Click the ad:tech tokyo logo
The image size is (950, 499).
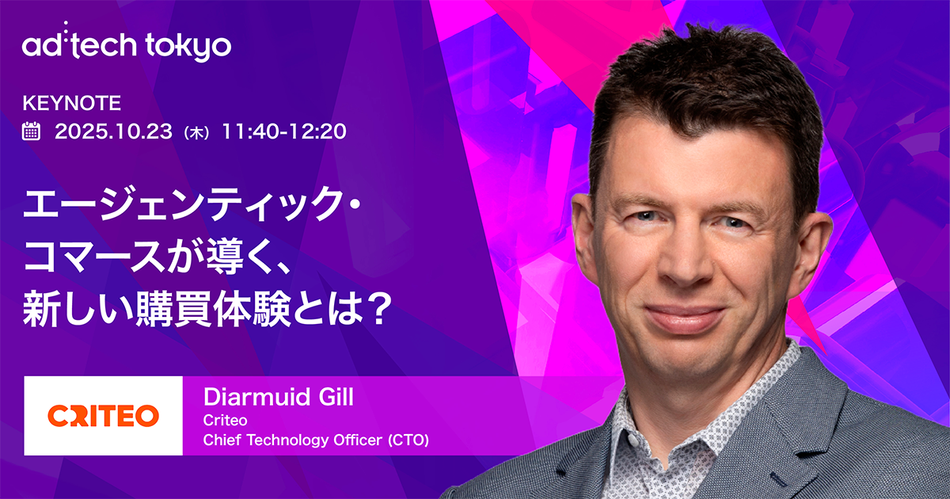coord(127,46)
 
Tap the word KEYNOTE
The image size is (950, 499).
coord(71,103)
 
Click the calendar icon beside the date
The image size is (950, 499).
coord(32,131)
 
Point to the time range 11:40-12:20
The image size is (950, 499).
coord(284,131)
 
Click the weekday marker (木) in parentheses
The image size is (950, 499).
coord(196,132)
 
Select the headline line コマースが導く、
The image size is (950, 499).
coord(159,259)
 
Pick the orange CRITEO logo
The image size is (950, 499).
coord(103,415)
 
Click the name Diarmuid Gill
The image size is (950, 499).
coord(278,398)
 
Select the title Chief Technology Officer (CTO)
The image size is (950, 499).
coord(316,440)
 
